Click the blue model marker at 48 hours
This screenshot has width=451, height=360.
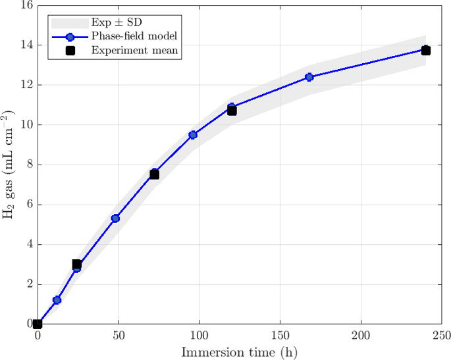point(115,219)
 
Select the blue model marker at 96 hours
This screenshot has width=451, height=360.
point(193,135)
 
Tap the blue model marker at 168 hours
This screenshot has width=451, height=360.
point(309,77)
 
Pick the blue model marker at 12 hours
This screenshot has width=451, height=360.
point(57,300)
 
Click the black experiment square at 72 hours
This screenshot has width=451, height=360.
point(154,174)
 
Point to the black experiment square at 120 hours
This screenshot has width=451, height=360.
point(232,111)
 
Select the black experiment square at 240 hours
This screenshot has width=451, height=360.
point(426,51)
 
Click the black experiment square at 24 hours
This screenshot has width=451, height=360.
point(76,264)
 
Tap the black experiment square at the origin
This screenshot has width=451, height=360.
point(38,324)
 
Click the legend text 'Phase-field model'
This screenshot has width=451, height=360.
point(134,36)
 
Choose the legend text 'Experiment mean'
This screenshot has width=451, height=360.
point(134,50)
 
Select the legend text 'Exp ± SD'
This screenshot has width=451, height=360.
point(117,22)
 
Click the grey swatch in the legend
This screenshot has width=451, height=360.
point(70,23)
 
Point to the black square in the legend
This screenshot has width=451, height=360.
point(70,51)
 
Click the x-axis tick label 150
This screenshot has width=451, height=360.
point(280,336)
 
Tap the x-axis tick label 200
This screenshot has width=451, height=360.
point(361,336)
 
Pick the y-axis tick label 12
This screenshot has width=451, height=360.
point(27,85)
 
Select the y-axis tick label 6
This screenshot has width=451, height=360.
point(30,205)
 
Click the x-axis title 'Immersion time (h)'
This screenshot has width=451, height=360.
point(239,353)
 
